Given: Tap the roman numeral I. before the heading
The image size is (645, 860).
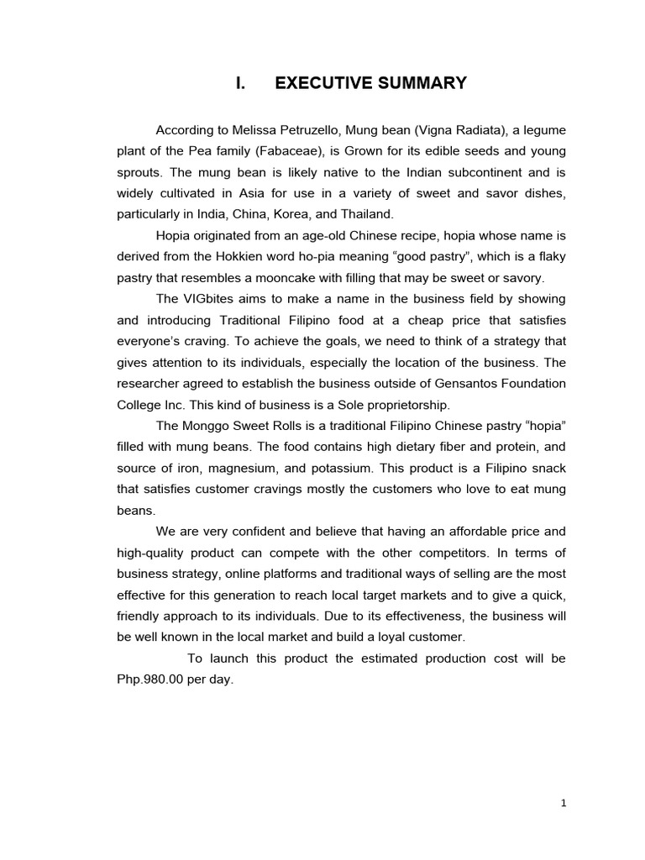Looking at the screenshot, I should [240, 83].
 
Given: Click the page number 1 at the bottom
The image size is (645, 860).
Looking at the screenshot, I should [564, 803].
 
